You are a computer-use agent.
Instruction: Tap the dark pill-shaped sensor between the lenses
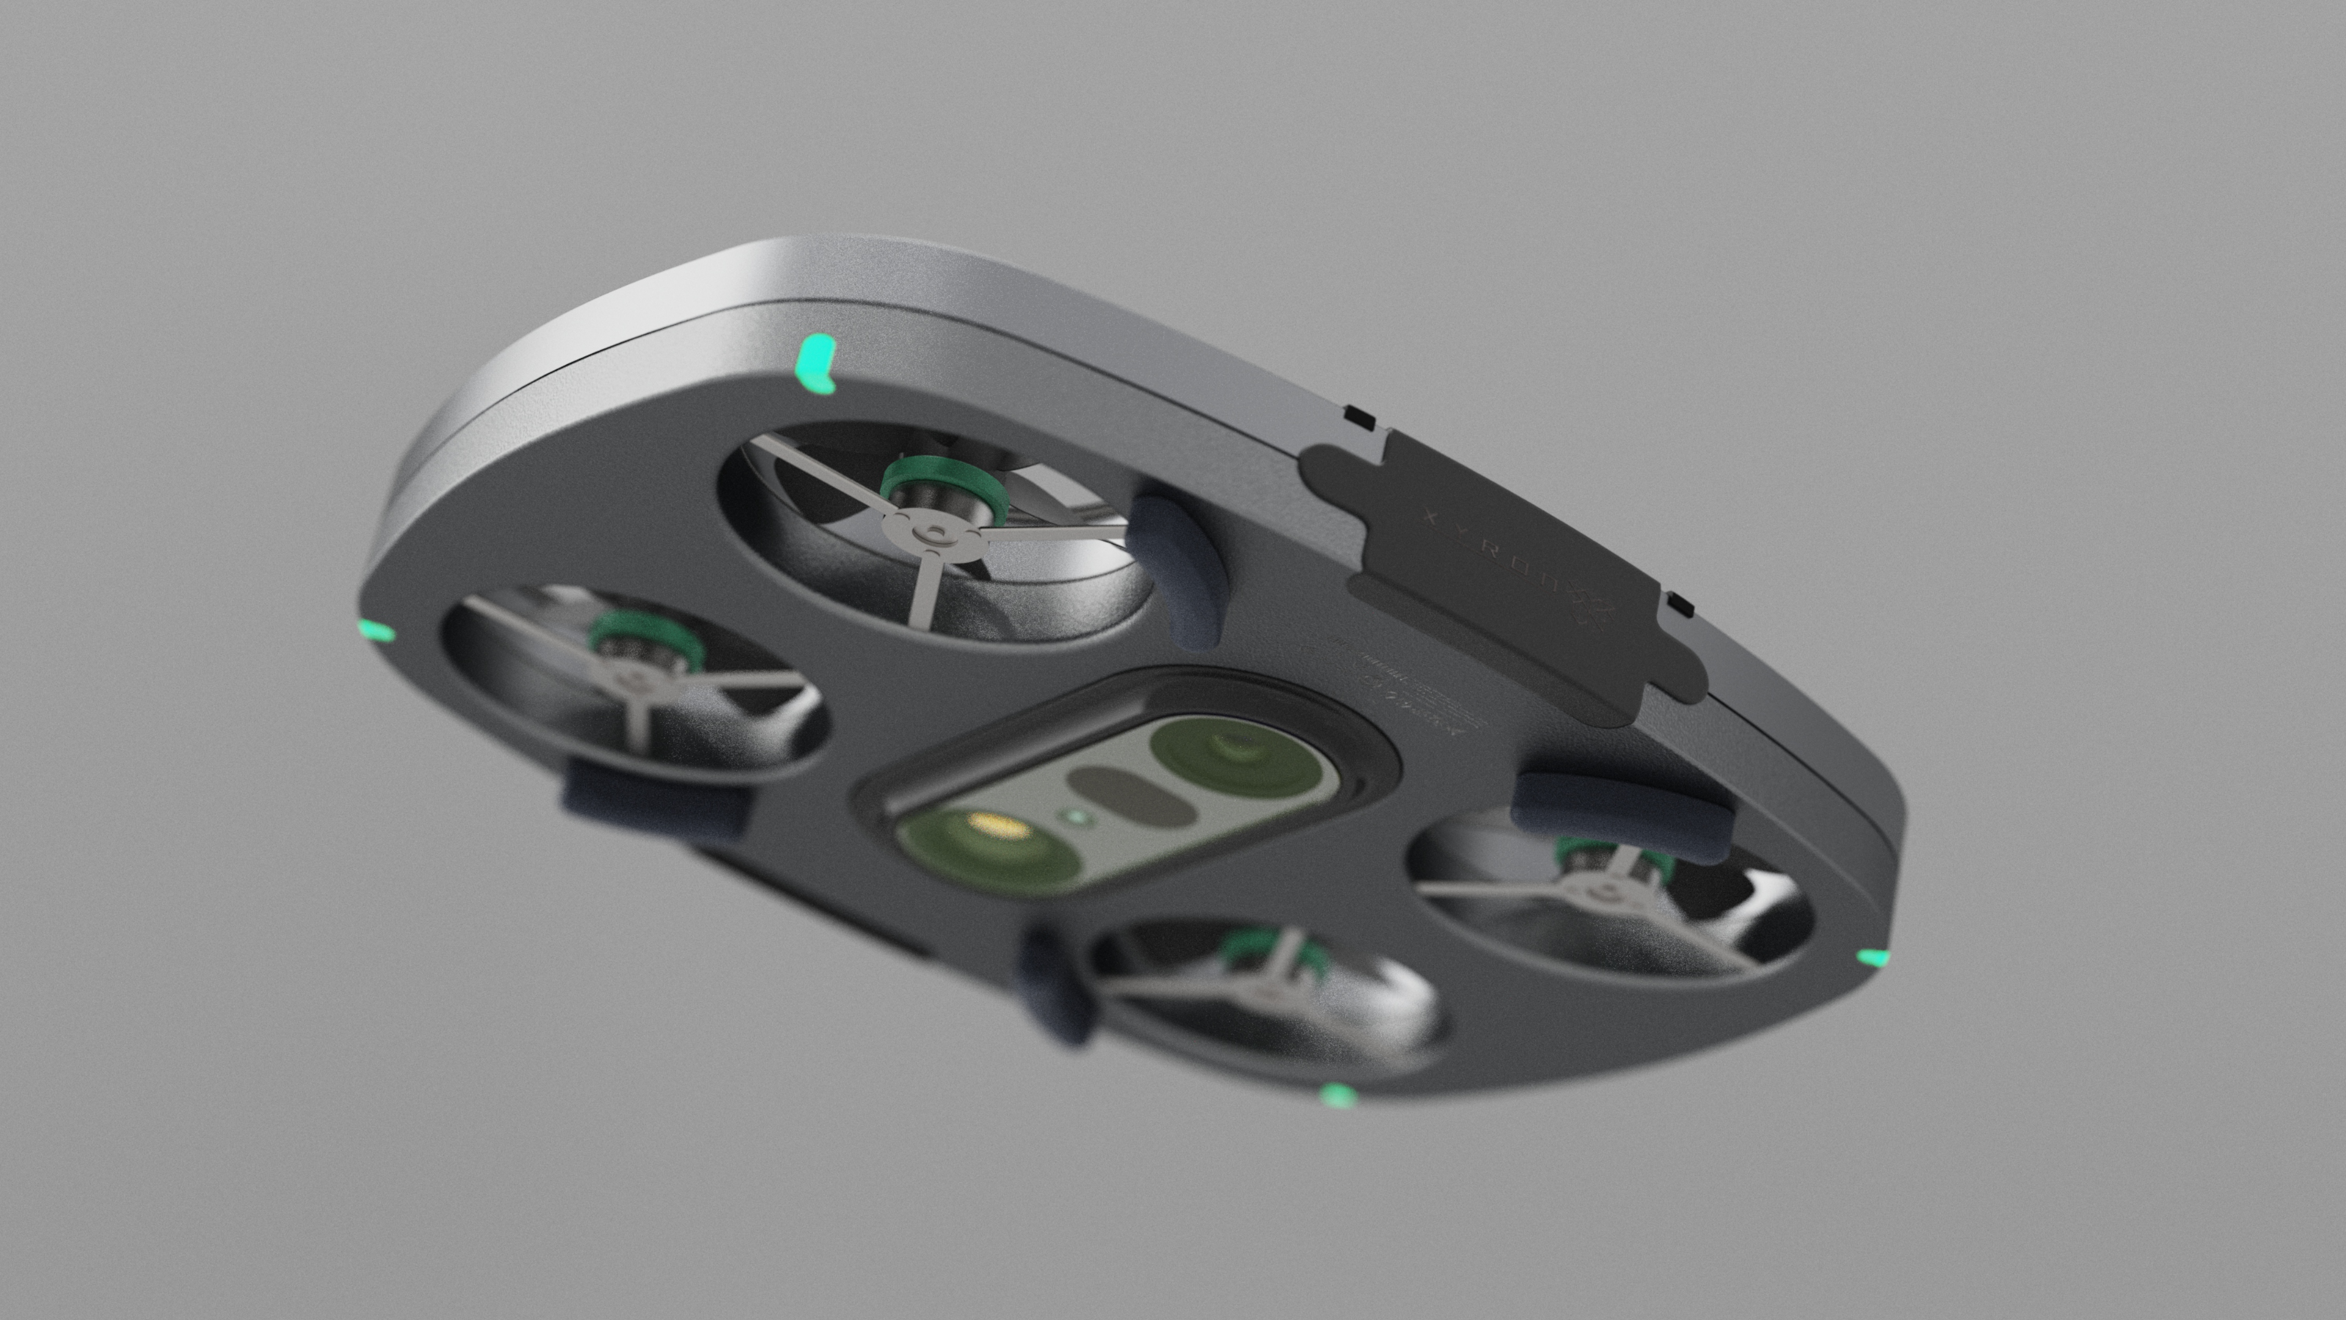1129,794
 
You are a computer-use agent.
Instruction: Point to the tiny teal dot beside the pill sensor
1075,817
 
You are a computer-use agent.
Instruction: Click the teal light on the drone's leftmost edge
376,631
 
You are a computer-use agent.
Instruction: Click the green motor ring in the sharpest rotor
947,486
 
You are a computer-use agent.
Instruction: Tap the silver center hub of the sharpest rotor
935,532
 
